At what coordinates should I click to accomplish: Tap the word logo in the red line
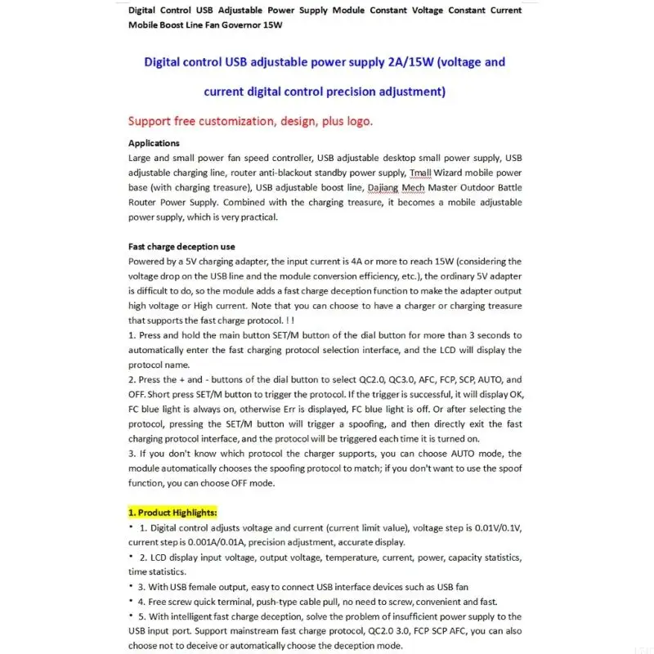click(356, 121)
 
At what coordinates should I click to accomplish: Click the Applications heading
click(154, 143)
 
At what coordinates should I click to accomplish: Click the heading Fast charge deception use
click(181, 247)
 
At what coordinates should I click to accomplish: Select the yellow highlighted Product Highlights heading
click(172, 513)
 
